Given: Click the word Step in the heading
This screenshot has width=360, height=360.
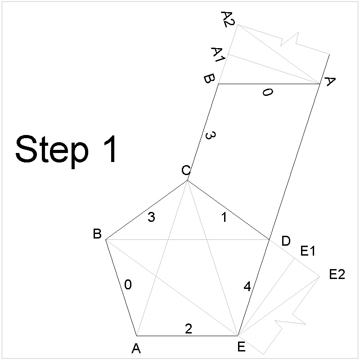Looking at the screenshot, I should (50, 150).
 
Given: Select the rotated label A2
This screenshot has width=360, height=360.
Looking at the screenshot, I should (227, 19).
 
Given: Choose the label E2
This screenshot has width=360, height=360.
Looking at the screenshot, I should (337, 274).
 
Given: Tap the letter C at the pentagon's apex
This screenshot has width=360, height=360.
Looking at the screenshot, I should (186, 170).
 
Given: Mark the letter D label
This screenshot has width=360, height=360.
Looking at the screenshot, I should (286, 241).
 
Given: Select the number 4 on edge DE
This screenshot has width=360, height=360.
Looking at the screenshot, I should (247, 286).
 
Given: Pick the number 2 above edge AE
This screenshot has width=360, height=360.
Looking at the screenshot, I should (189, 329).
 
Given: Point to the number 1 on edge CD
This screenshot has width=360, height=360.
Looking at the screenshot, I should (225, 217).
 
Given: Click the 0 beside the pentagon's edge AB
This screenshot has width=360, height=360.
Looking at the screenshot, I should (128, 285).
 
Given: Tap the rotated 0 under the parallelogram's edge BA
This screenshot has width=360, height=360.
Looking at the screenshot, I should (267, 93).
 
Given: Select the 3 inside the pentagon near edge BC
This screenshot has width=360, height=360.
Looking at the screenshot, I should (152, 217).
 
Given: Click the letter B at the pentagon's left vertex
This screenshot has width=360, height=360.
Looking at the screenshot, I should (97, 234).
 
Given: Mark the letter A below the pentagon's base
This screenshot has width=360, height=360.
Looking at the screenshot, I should (136, 348).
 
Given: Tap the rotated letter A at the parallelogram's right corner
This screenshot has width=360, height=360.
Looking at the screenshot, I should (330, 82).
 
